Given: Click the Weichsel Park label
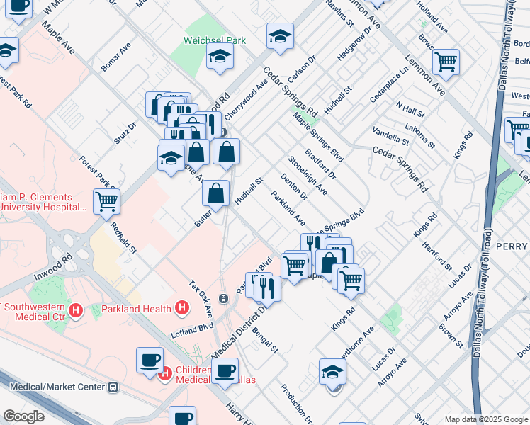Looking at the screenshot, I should pos(215,40).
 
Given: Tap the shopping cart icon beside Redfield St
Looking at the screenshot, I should pos(106,201).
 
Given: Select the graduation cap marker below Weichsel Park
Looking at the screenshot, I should pos(220,58).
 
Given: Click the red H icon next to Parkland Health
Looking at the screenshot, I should pos(182,308).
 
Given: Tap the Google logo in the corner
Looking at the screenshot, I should pos(23,416).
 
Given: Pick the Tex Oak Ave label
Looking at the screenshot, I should pos(201,298).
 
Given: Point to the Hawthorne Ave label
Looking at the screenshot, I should pos(363,341).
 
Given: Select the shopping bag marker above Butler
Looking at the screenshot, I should pos(215,193).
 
